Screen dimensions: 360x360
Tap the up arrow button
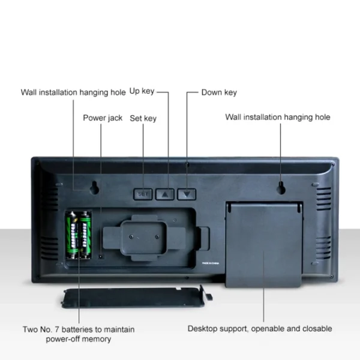[166, 194]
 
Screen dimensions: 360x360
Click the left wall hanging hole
[94, 189]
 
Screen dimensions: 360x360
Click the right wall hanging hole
[281, 189]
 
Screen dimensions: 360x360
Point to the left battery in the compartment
[71, 235]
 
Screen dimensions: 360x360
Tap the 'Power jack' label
[103, 118]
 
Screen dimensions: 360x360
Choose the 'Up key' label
[142, 91]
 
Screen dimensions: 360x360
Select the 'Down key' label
[219, 92]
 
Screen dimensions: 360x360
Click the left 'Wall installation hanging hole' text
[73, 92]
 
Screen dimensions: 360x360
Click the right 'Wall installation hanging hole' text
[278, 117]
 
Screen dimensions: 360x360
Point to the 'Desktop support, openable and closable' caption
[260, 329]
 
